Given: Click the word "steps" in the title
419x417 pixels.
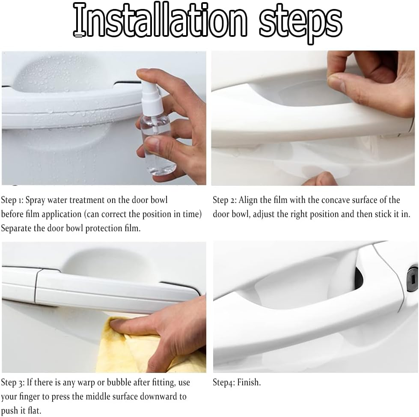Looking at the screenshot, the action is tap(301, 23).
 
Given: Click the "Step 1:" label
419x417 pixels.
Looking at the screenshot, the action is tap(12, 200).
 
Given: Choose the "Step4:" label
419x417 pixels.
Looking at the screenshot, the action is tap(224, 382).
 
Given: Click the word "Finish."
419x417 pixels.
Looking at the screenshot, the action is tap(249, 382).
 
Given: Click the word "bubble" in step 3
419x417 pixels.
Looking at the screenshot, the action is tap(119, 382).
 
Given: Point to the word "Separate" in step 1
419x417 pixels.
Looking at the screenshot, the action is tap(16, 229).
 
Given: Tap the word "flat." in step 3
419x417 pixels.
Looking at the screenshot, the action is tap(35, 410).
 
